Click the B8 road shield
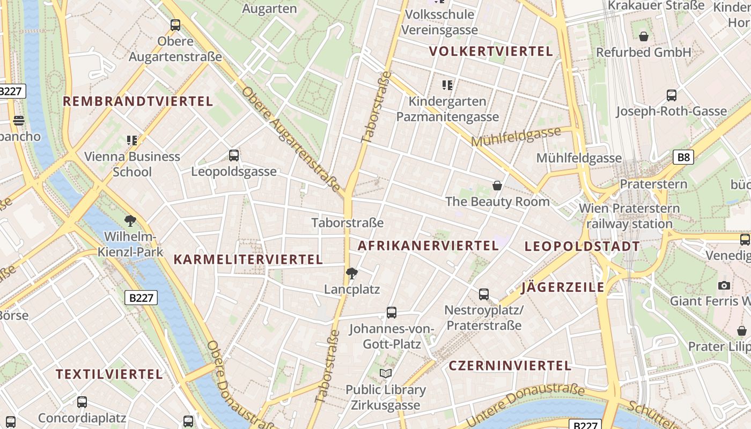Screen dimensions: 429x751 tap(683, 157)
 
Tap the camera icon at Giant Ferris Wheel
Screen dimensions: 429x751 tap(724, 285)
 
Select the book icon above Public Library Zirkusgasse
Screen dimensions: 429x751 tap(386, 373)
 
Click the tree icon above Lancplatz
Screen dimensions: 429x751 tap(352, 273)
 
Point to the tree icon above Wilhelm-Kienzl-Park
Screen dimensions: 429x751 tap(130, 220)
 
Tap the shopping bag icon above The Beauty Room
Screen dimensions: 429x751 tap(497, 186)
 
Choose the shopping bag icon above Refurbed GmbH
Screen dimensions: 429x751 tap(644, 36)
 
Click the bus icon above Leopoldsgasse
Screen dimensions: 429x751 tap(234, 156)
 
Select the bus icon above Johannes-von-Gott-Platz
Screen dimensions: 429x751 tap(392, 313)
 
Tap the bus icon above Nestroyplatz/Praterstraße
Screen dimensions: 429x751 tap(484, 294)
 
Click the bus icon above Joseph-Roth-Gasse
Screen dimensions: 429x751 tap(672, 95)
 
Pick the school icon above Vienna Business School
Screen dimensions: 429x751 tap(132, 140)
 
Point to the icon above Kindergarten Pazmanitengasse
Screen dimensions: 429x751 tap(447, 85)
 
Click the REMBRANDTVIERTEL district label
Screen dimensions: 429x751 tap(138, 101)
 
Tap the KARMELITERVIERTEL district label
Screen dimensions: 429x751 tap(248, 260)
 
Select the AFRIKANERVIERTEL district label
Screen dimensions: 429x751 tap(428, 246)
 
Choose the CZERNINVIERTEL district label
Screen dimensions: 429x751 tap(510, 366)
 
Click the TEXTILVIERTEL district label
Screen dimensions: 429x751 tap(109, 374)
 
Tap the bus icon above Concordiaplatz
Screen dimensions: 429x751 tap(82, 402)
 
